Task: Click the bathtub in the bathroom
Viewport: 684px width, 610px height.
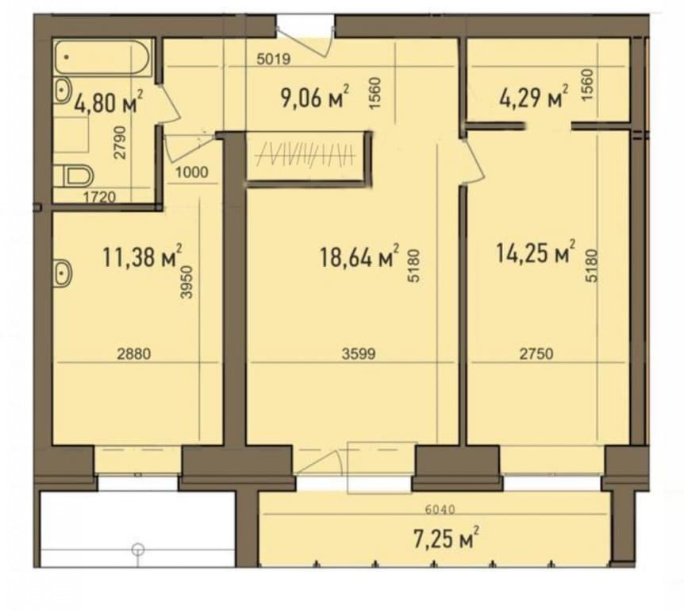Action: click(102, 57)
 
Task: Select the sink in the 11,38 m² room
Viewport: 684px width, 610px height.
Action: click(63, 273)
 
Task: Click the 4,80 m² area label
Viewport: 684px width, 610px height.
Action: click(109, 102)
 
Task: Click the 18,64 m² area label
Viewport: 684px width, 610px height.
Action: click(359, 256)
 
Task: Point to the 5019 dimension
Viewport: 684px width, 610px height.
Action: click(274, 59)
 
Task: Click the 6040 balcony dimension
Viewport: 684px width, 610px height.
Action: click(440, 509)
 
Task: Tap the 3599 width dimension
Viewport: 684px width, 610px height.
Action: click(359, 353)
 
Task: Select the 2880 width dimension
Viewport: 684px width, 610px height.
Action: click(134, 353)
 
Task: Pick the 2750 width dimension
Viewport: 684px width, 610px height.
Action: click(536, 353)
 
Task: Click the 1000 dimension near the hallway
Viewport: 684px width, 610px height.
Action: click(192, 172)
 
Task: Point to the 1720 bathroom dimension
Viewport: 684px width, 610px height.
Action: click(99, 197)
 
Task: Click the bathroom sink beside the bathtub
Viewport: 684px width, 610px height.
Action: click(63, 91)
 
